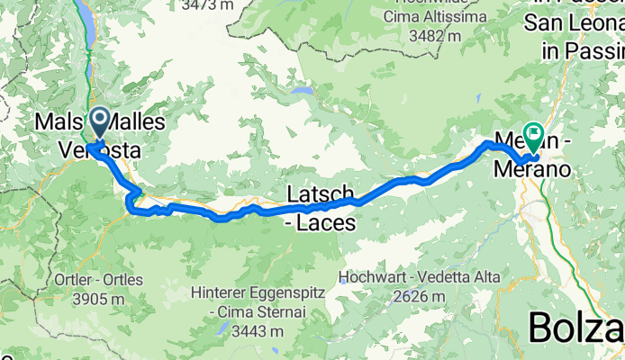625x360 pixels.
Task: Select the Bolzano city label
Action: pos(576,328)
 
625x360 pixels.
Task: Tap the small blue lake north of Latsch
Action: pos(305,92)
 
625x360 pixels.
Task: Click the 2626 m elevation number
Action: pos(421,296)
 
